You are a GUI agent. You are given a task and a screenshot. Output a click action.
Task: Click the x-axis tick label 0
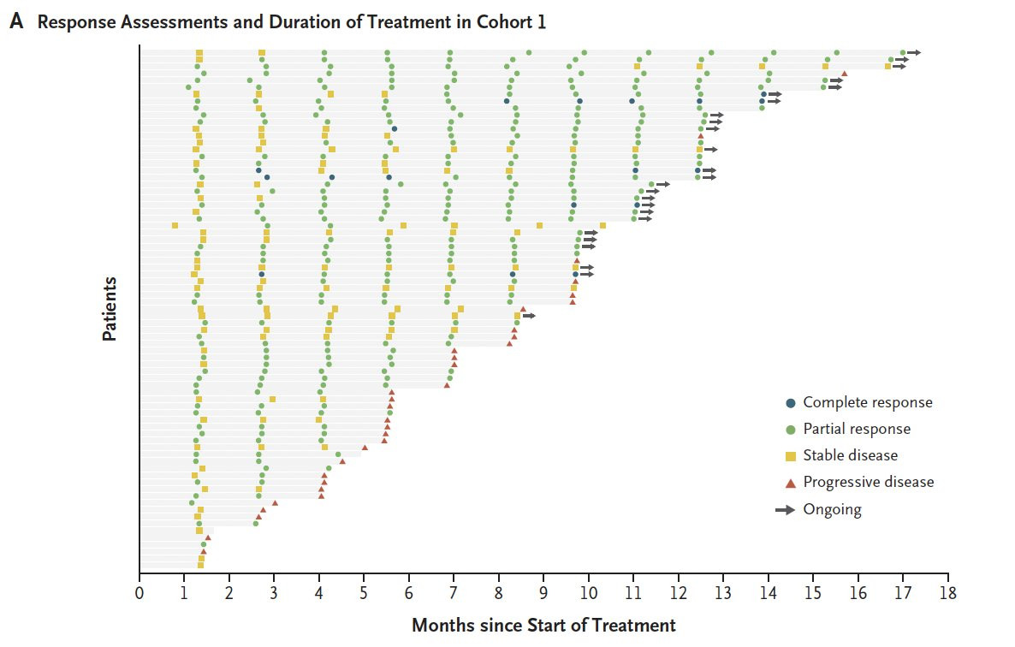[139, 593]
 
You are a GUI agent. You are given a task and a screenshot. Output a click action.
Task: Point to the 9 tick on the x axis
[543, 593]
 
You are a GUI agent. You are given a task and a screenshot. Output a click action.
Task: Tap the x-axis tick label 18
[947, 593]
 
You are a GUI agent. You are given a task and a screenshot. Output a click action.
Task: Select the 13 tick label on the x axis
[723, 593]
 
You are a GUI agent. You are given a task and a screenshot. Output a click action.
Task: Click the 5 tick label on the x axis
[364, 593]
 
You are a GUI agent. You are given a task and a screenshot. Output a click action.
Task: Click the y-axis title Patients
[110, 309]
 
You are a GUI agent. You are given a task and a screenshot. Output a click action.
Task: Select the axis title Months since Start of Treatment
[543, 626]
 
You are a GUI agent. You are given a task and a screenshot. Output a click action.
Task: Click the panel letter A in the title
[16, 22]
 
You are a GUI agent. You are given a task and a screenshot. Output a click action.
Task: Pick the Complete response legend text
[868, 402]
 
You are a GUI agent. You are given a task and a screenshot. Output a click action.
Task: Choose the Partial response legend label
[857, 429]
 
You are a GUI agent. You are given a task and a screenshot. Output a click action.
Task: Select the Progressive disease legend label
[869, 482]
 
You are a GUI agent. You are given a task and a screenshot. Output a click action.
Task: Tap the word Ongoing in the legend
[832, 509]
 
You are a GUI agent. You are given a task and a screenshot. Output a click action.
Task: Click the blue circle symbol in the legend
[790, 402]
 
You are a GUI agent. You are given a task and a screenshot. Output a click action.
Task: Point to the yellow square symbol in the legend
[790, 455]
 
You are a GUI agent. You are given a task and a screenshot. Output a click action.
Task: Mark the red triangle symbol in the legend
[790, 482]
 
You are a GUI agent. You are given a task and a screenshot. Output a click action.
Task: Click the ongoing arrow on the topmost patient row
[914, 53]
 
